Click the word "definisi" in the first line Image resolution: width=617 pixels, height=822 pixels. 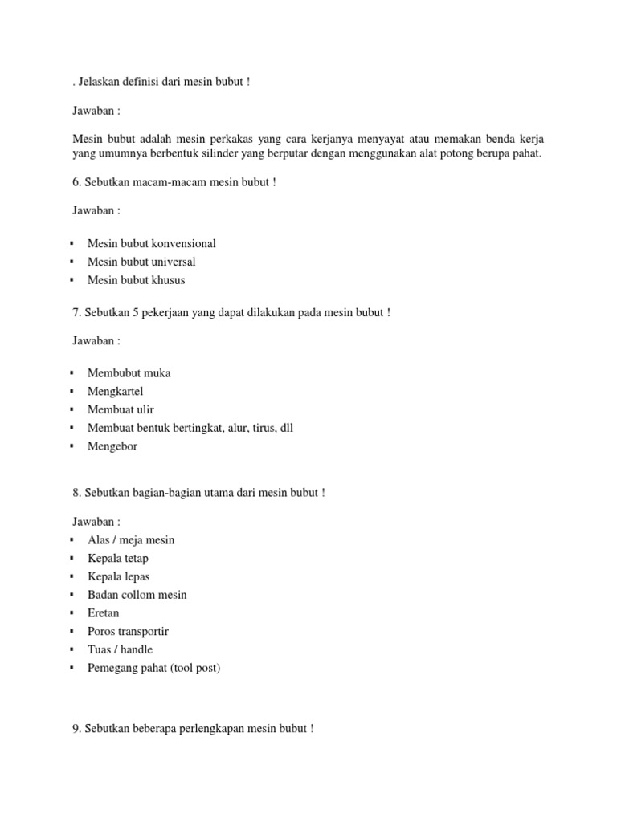point(147,83)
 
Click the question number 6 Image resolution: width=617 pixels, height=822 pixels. point(77,182)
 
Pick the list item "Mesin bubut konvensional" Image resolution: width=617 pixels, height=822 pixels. point(151,243)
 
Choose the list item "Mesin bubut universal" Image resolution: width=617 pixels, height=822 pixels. point(141,262)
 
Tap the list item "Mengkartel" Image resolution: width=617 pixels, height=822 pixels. point(115,391)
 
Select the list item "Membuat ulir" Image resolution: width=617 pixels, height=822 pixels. point(121,409)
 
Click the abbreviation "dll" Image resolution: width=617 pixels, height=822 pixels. point(285,428)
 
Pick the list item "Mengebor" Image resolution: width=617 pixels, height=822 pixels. point(112,446)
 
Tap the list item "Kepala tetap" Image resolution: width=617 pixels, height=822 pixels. point(117,558)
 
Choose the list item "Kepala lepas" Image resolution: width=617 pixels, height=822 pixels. point(118,576)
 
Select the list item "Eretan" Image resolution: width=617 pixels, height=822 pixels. point(103,613)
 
